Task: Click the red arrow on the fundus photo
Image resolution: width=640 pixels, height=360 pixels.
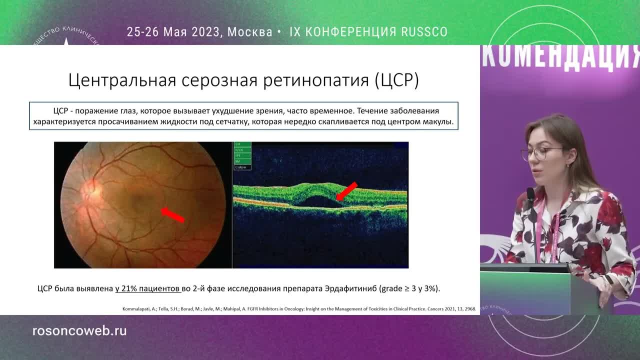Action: [172, 214]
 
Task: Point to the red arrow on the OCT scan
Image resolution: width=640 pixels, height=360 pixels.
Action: [347, 191]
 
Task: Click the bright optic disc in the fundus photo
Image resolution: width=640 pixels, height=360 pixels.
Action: [91, 189]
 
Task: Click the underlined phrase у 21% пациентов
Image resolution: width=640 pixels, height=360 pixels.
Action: [147, 288]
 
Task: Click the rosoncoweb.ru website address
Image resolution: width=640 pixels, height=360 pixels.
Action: [79, 331]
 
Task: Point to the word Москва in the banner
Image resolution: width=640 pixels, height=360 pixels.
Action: [249, 32]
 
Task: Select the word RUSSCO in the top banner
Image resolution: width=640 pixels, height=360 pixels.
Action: [424, 32]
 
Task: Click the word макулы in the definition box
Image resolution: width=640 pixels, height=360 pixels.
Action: [439, 121]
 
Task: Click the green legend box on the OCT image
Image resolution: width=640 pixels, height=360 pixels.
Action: [242, 156]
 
